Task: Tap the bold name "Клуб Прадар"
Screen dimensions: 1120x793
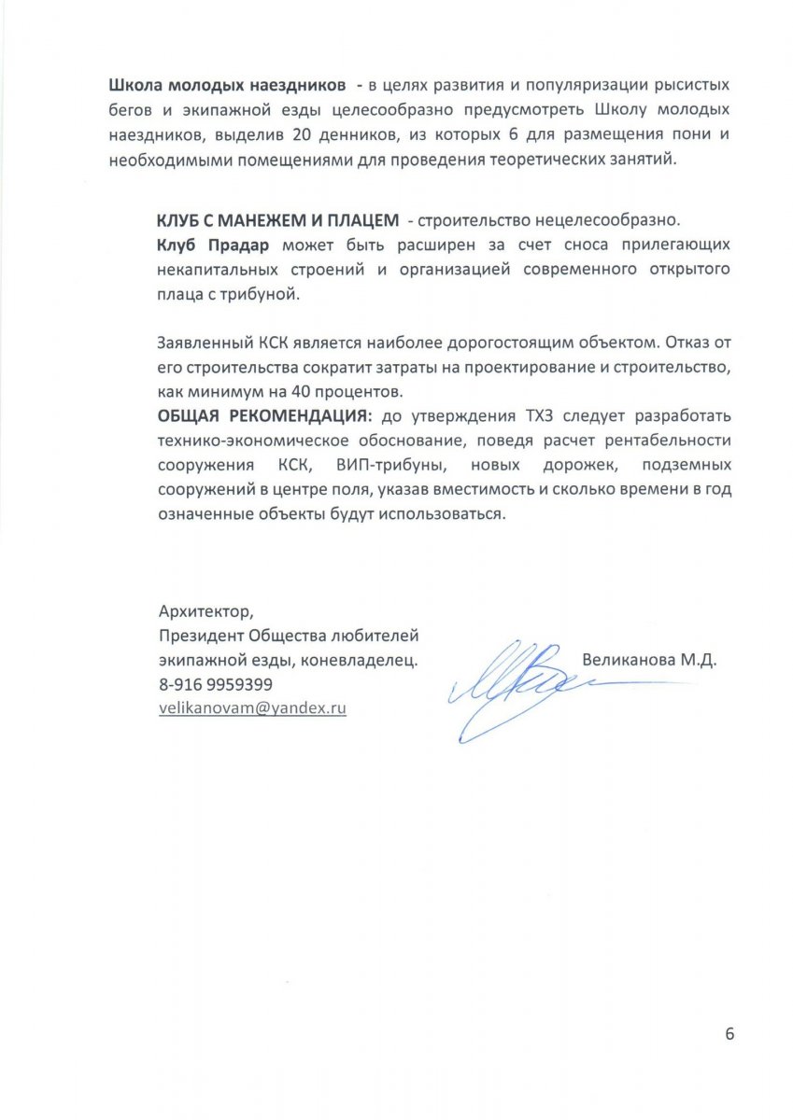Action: tap(212, 245)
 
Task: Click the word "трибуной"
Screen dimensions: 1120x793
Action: tap(267, 293)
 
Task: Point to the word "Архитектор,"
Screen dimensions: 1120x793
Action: tap(205, 611)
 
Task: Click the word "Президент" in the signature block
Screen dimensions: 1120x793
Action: tap(198, 636)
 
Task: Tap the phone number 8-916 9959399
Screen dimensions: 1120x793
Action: tap(216, 684)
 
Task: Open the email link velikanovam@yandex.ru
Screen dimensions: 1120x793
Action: tap(253, 707)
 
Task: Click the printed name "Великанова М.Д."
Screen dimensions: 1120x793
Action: tap(648, 660)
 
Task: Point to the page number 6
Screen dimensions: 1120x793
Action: tap(729, 1033)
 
